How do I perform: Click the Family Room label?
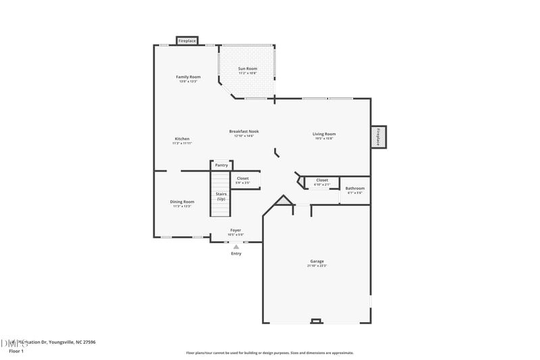pos(188,77)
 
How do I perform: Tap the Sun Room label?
pos(248,68)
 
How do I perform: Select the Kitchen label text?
pos(182,139)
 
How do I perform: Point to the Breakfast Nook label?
pos(244,132)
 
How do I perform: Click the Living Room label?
pos(324,134)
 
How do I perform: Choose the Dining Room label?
pos(182,201)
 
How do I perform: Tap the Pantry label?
pos(221,165)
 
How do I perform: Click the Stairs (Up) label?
pos(221,196)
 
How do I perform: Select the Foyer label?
pos(236,230)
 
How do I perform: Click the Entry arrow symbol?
pos(236,247)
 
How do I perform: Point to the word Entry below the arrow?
pos(236,254)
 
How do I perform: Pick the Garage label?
pos(317,261)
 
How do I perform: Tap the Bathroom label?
pos(355,188)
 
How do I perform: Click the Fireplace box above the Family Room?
pos(187,41)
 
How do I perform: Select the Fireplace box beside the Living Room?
pos(378,137)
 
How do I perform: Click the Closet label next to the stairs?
pos(242,178)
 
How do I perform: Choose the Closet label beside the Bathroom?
pos(322,180)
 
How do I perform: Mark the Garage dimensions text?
pos(317,266)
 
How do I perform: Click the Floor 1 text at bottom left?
pos(16,351)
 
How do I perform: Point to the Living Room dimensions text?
pos(324,138)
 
